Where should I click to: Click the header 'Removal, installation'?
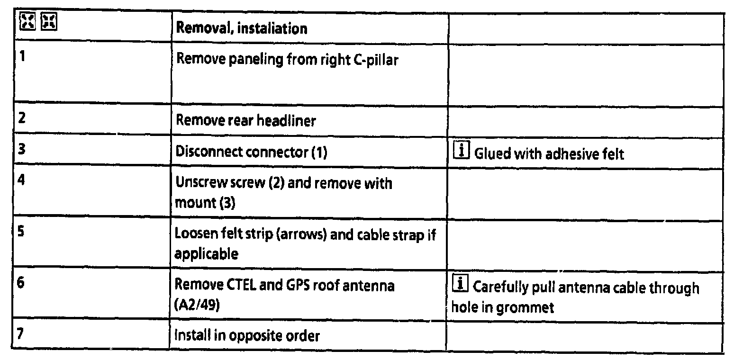(241, 28)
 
